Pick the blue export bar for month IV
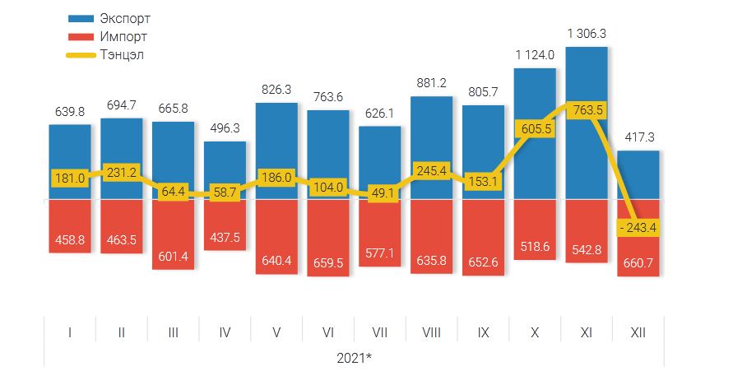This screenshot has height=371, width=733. (x=225, y=169)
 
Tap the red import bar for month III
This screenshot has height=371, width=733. (x=173, y=234)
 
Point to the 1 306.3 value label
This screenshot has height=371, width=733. (x=587, y=34)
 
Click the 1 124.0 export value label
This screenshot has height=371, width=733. (x=535, y=55)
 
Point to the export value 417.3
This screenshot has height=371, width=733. (x=638, y=137)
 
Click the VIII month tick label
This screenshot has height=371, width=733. (x=432, y=332)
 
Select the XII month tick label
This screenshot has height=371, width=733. (x=638, y=332)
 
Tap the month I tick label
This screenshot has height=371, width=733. (x=69, y=332)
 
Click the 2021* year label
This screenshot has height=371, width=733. (x=355, y=358)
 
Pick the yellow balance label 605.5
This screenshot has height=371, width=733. (x=535, y=129)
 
